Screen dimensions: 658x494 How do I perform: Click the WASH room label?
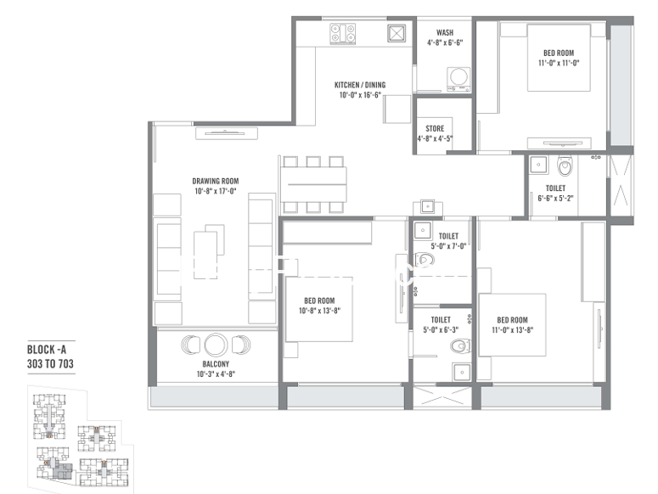[445, 33]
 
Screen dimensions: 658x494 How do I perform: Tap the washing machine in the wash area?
[458, 79]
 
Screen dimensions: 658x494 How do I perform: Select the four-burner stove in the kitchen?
[343, 34]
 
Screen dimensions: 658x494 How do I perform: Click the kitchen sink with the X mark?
[396, 33]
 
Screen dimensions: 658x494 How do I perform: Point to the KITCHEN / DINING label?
[360, 85]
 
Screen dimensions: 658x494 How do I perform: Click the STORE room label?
[435, 129]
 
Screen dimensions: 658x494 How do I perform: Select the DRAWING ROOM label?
[216, 181]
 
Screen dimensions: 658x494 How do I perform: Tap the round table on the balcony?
[216, 345]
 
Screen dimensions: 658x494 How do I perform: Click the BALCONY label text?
[216, 364]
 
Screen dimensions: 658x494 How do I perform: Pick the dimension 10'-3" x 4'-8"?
[216, 373]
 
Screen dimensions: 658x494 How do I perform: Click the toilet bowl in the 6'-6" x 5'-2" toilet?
[565, 166]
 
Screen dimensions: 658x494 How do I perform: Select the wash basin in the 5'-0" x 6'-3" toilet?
[462, 372]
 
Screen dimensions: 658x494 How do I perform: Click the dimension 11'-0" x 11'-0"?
[559, 63]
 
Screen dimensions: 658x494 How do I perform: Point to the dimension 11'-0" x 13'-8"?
[512, 330]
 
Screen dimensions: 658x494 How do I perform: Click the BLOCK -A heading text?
[46, 350]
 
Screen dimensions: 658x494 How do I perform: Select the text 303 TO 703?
[50, 363]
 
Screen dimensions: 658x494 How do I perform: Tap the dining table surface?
[313, 184]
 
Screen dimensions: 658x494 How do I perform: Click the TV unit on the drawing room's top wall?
[227, 133]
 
